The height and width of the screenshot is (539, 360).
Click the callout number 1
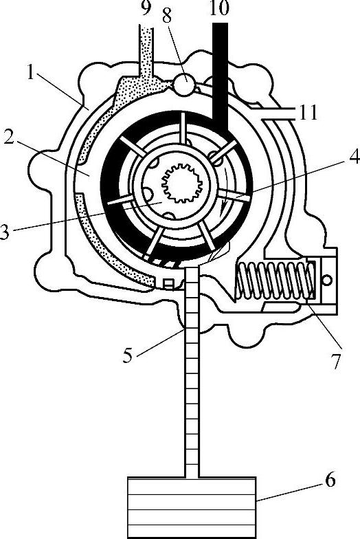point(31,73)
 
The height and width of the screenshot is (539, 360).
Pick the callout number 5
point(128,355)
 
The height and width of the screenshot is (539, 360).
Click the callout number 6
point(330,480)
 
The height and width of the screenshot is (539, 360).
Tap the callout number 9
point(146,8)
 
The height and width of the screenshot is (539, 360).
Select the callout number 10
point(220,8)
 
